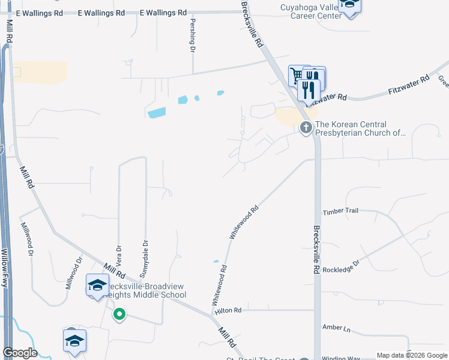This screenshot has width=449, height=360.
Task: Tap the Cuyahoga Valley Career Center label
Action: (312, 11)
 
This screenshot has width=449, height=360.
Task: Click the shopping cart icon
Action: (296, 75)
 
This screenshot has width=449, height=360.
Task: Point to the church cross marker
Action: (306, 127)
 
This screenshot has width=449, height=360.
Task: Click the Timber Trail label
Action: (340, 211)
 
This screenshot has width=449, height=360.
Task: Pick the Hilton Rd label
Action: (229, 310)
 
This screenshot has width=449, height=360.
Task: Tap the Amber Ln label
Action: (336, 328)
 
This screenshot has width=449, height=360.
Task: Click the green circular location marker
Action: (119, 313)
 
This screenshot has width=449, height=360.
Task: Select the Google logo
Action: (19, 353)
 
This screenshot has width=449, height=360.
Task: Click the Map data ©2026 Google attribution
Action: (411, 356)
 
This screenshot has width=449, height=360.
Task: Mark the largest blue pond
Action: (156, 112)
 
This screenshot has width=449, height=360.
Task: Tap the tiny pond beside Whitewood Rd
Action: (216, 261)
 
